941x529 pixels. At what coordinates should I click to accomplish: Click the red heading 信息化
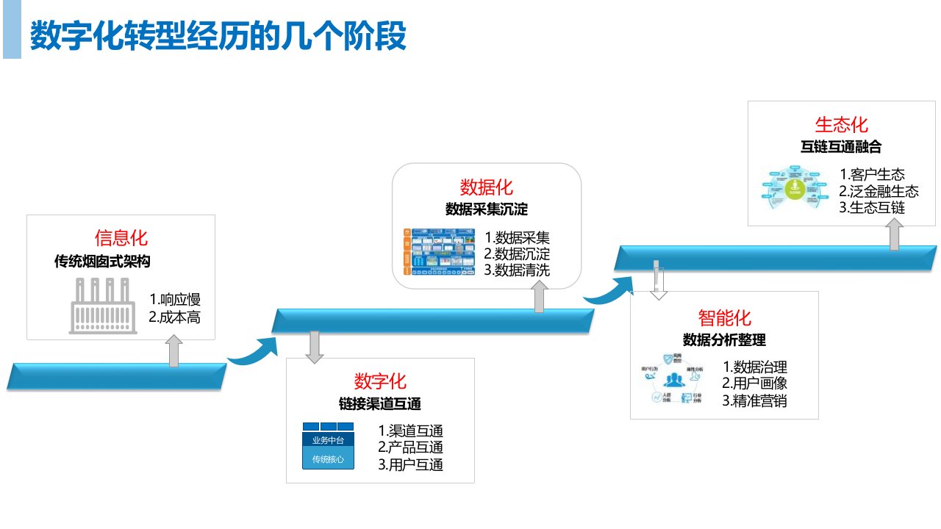pos(121,238)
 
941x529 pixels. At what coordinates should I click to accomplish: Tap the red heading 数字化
pos(380,381)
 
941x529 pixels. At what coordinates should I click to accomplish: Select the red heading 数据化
pos(487,186)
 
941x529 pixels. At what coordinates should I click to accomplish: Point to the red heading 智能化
pos(724,318)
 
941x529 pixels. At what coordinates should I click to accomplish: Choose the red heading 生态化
pos(841,124)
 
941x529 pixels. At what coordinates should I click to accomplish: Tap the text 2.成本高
pos(174,317)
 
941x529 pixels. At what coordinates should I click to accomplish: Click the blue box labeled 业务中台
pos(328,440)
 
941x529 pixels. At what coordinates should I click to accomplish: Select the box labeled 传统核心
pos(328,459)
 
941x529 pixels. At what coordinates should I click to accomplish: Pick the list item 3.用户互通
pos(410,464)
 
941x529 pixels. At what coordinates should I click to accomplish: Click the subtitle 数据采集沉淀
pos(487,209)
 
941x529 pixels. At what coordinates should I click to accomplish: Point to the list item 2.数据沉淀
pos(517,254)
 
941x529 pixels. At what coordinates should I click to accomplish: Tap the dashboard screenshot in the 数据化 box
pos(438,253)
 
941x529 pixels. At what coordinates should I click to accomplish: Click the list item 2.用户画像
pos(755,384)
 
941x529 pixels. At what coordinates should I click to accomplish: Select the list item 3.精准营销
pos(755,401)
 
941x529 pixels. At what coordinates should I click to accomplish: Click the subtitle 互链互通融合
pos(841,147)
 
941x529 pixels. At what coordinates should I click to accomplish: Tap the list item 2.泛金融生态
pos(879,191)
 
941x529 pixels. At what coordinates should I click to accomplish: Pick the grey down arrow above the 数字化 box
pos(315,347)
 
